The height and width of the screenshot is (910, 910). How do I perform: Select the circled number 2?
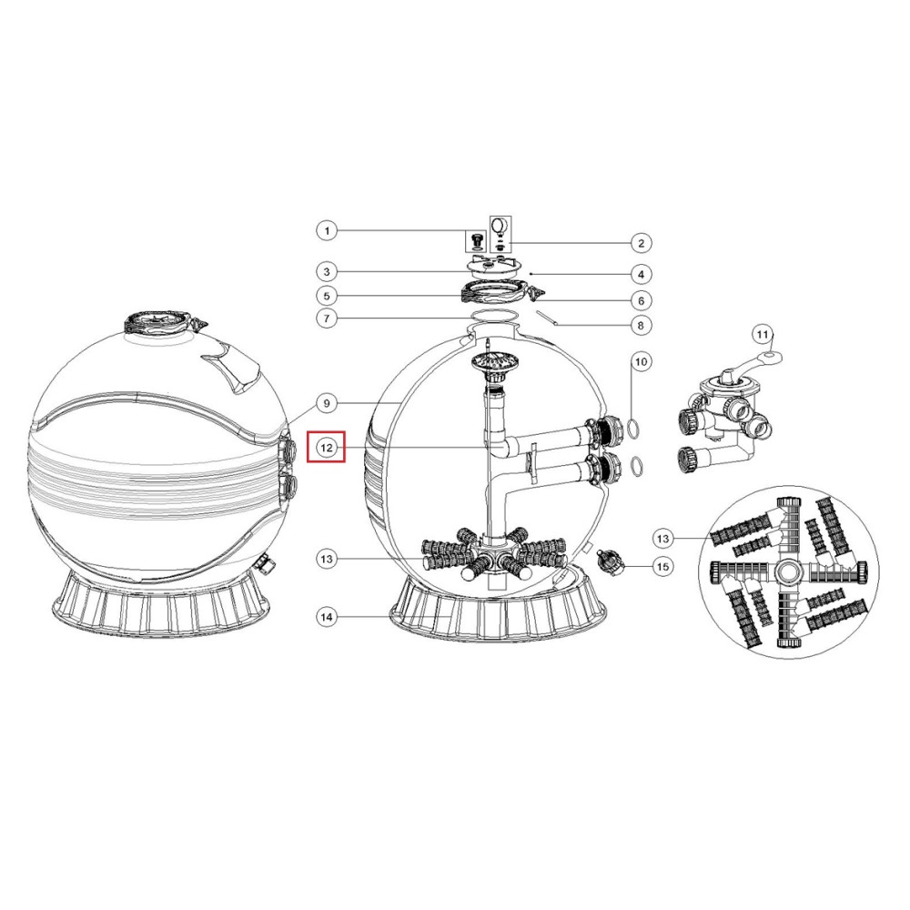(x=641, y=243)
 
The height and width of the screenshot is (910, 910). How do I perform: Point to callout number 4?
(x=641, y=274)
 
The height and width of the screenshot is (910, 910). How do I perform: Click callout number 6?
(x=641, y=300)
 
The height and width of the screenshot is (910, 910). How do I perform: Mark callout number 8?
(x=641, y=325)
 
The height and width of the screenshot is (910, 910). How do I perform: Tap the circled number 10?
(x=641, y=361)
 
